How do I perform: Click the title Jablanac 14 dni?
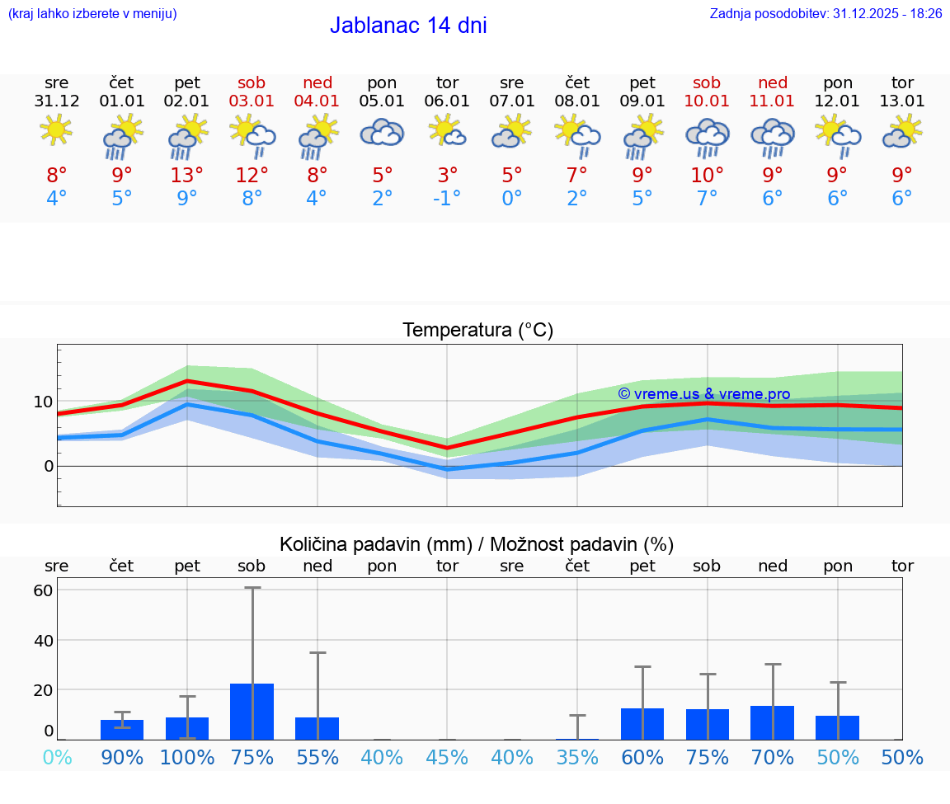408,26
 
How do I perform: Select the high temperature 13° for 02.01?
187,176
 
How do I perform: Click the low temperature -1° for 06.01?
447,199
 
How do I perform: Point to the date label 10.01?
707,101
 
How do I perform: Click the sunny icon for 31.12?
57,130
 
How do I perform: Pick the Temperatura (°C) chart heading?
477,331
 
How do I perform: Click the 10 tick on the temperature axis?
43,402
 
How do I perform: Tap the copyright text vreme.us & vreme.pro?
704,394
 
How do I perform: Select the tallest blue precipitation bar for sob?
252,712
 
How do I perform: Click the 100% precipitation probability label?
187,758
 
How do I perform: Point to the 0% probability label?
57,758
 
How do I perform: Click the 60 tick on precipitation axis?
43,590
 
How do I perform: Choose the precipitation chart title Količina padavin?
477,544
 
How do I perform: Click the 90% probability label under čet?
122,758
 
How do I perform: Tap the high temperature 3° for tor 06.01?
447,176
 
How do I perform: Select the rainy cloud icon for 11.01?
773,136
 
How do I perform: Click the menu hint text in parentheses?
92,13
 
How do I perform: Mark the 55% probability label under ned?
317,758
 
